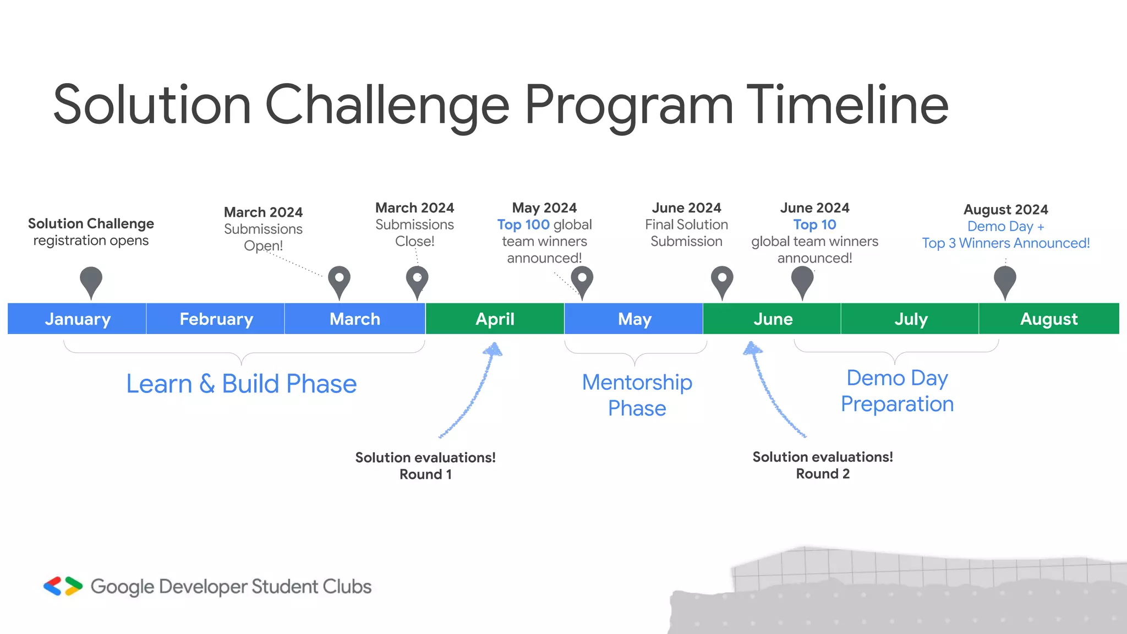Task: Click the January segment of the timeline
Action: click(x=77, y=319)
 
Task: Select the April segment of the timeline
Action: click(x=495, y=319)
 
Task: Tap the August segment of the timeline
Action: click(x=1049, y=319)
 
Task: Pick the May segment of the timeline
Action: click(x=634, y=319)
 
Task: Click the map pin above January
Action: click(x=91, y=281)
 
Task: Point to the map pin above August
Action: click(x=1005, y=281)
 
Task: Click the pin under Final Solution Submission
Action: click(x=722, y=281)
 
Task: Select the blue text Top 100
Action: click(x=523, y=225)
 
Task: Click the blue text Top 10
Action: click(x=814, y=225)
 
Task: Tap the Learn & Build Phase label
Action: click(x=241, y=384)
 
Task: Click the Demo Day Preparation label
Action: click(x=897, y=391)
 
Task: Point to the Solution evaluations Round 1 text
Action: click(x=425, y=466)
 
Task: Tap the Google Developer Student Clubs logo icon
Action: click(x=63, y=586)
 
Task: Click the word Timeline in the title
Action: click(x=847, y=105)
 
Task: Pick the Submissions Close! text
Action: click(x=414, y=233)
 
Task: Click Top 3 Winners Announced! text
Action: click(x=1005, y=243)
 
